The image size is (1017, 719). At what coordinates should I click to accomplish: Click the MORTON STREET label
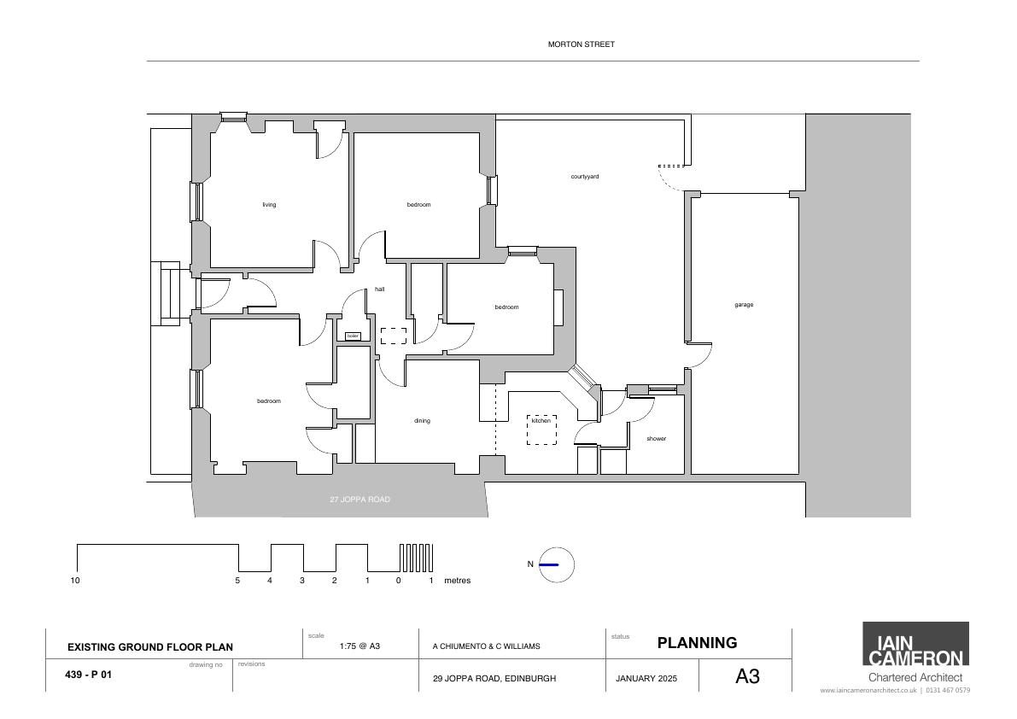pyautogui.click(x=582, y=44)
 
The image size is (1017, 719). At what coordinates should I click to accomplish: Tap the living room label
pyautogui.click(x=269, y=205)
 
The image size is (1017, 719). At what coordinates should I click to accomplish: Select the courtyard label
pyautogui.click(x=584, y=177)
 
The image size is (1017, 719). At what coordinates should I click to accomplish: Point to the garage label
pyautogui.click(x=744, y=305)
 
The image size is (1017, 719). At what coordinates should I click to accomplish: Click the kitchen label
pyautogui.click(x=541, y=421)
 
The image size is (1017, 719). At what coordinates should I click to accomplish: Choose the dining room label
pyautogui.click(x=422, y=421)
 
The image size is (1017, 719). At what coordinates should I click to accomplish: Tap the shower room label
pyautogui.click(x=657, y=439)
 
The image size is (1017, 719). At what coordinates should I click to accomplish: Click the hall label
pyautogui.click(x=379, y=289)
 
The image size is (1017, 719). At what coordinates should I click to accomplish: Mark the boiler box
pyautogui.click(x=353, y=336)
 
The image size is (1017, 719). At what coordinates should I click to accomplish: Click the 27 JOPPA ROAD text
pyautogui.click(x=360, y=500)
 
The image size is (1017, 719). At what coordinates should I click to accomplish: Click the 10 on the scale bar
pyautogui.click(x=75, y=581)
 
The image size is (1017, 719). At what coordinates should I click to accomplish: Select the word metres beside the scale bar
pyautogui.click(x=457, y=581)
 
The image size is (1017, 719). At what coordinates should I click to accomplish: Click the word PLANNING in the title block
pyautogui.click(x=698, y=642)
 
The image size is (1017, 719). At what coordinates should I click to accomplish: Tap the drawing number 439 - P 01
pyautogui.click(x=88, y=675)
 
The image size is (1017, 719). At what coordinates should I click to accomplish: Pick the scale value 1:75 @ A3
pyautogui.click(x=360, y=646)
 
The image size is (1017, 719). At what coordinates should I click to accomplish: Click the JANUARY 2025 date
pyautogui.click(x=646, y=679)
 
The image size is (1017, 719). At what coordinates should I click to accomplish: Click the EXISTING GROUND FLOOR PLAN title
pyautogui.click(x=149, y=647)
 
